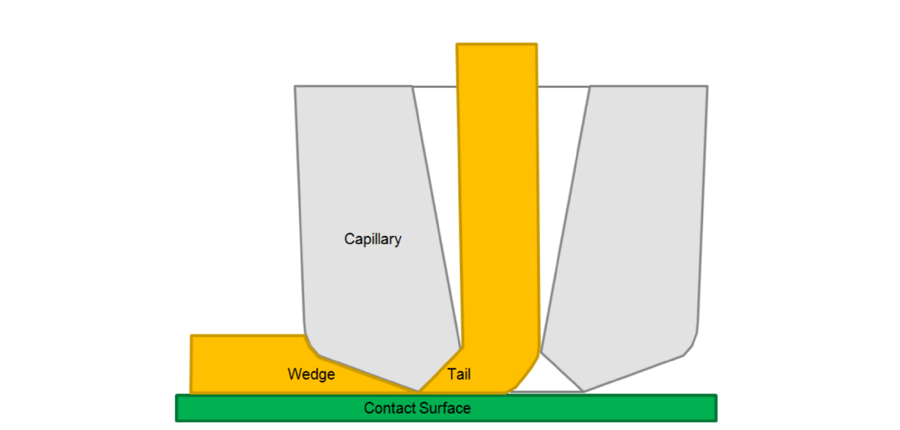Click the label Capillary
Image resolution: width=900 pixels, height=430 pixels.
pyautogui.click(x=373, y=239)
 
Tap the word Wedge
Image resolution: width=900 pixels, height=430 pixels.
pyautogui.click(x=311, y=374)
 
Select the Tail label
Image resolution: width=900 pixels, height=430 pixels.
pyautogui.click(x=459, y=374)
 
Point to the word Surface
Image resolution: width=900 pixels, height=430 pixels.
pyautogui.click(x=444, y=408)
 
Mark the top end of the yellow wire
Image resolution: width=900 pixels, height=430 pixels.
pyautogui.click(x=496, y=46)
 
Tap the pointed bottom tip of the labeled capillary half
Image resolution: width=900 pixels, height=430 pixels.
pyautogui.click(x=419, y=390)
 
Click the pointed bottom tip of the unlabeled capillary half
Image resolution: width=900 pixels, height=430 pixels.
pyautogui.click(x=583, y=391)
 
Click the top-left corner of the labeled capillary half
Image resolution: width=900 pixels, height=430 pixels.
pyautogui.click(x=296, y=88)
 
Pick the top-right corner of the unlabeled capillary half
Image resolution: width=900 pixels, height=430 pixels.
pyautogui.click(x=706, y=88)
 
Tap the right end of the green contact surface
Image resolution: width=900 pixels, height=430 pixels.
pyautogui.click(x=714, y=408)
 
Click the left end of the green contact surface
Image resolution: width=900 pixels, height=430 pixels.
pyautogui.click(x=178, y=408)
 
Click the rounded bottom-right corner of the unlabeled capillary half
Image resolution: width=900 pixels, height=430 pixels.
pyautogui.click(x=692, y=344)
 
